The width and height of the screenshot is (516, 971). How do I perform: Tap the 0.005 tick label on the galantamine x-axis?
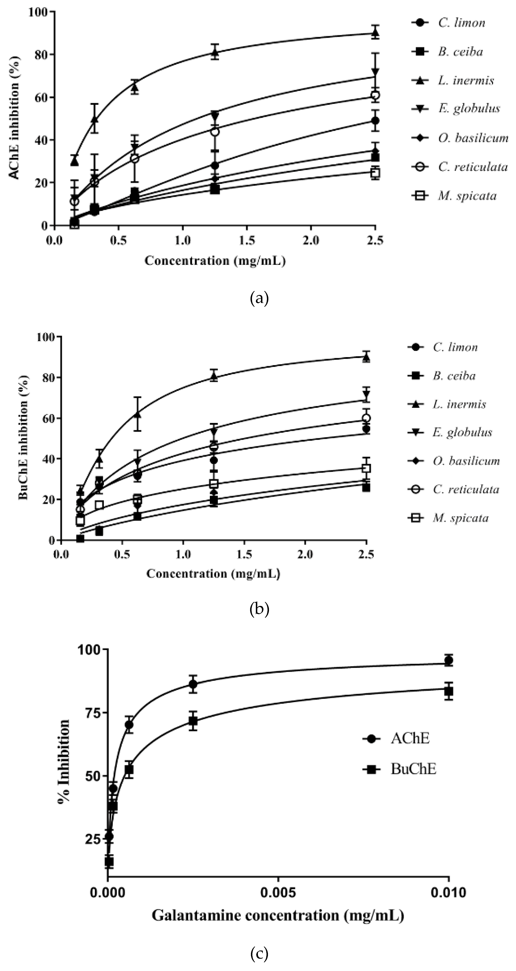pyautogui.click(x=278, y=893)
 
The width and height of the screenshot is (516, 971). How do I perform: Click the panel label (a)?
pyautogui.click(x=259, y=298)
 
